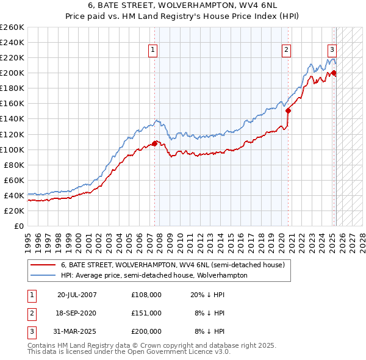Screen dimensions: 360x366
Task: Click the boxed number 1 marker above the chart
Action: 152,51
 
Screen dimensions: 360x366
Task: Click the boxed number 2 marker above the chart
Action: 286,51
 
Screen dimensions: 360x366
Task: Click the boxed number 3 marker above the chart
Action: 332,51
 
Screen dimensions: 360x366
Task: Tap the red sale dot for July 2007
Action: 155,143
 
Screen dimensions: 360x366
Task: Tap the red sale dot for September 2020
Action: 288,110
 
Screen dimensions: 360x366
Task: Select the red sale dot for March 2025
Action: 334,73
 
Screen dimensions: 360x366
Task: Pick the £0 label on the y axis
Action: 19,226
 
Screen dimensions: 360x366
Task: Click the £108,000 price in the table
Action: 146,294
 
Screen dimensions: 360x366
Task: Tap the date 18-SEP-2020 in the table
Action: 76,313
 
